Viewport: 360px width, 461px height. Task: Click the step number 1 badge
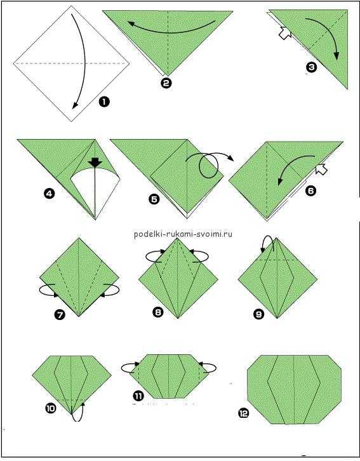(x=104, y=102)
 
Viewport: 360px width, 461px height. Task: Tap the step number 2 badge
(x=166, y=83)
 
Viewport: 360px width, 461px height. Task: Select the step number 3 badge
(x=311, y=67)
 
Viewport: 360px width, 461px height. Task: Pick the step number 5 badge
(x=154, y=199)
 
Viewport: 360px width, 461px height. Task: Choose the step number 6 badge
(x=310, y=190)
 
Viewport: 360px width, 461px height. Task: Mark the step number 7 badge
(x=59, y=316)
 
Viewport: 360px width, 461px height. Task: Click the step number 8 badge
(x=158, y=312)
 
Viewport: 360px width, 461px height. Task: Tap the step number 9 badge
(x=258, y=314)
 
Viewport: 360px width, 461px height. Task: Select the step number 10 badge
(x=51, y=408)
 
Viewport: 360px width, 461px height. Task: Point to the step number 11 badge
(x=138, y=396)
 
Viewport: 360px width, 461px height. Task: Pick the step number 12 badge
(x=243, y=413)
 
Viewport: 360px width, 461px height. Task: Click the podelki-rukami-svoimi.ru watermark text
(x=183, y=234)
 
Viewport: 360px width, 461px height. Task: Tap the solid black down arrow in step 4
(x=95, y=163)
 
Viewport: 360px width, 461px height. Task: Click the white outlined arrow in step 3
(x=285, y=32)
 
